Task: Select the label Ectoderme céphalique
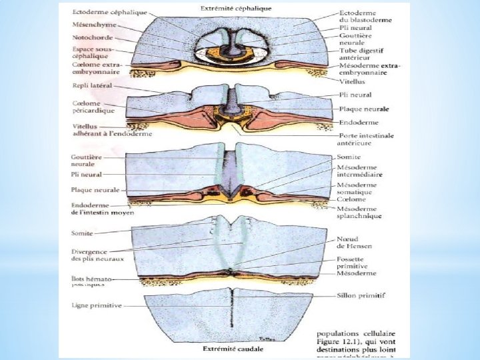coord(110,13)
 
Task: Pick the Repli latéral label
coord(92,86)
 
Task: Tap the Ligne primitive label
coord(96,305)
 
